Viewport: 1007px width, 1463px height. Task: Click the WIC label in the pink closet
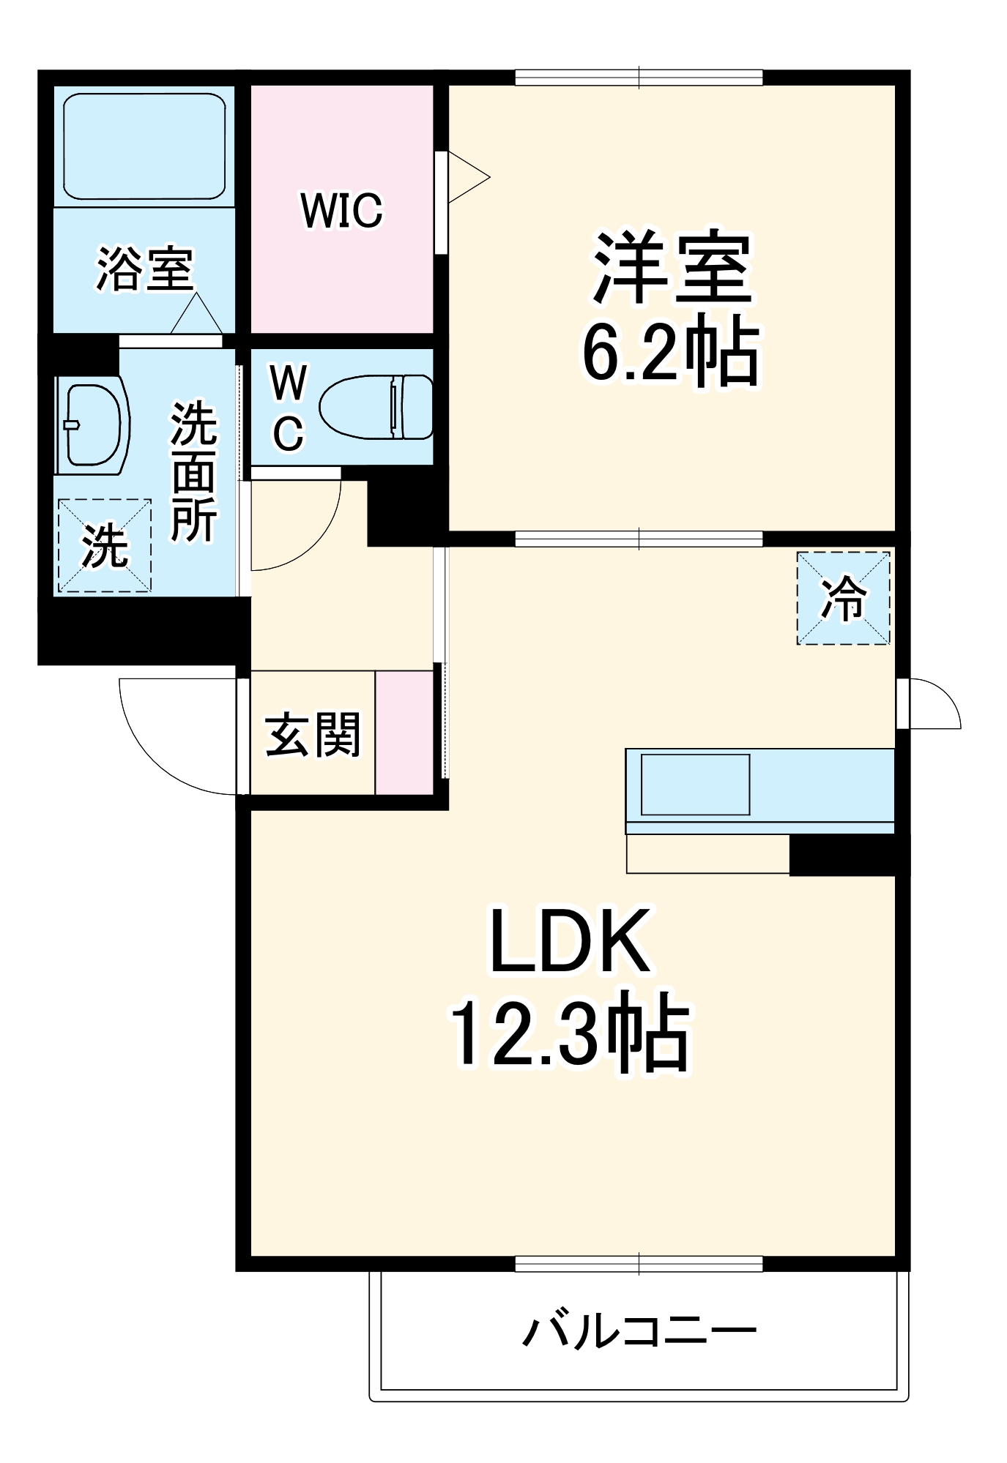[341, 210]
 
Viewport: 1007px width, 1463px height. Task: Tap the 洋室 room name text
[672, 269]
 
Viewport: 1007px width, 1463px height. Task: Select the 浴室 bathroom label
[144, 269]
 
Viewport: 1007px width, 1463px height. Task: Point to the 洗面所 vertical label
[193, 474]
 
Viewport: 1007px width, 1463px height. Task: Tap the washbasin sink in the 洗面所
[92, 424]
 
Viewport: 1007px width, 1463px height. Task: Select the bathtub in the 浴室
[144, 146]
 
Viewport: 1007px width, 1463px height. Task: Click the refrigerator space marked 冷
[844, 598]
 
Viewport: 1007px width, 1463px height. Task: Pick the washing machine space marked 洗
[104, 545]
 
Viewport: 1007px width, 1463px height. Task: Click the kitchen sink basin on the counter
[695, 784]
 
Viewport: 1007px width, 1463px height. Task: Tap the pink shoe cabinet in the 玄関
[404, 732]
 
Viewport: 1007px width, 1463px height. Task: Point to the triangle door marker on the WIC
[467, 176]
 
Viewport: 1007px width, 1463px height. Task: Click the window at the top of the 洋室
[639, 77]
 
